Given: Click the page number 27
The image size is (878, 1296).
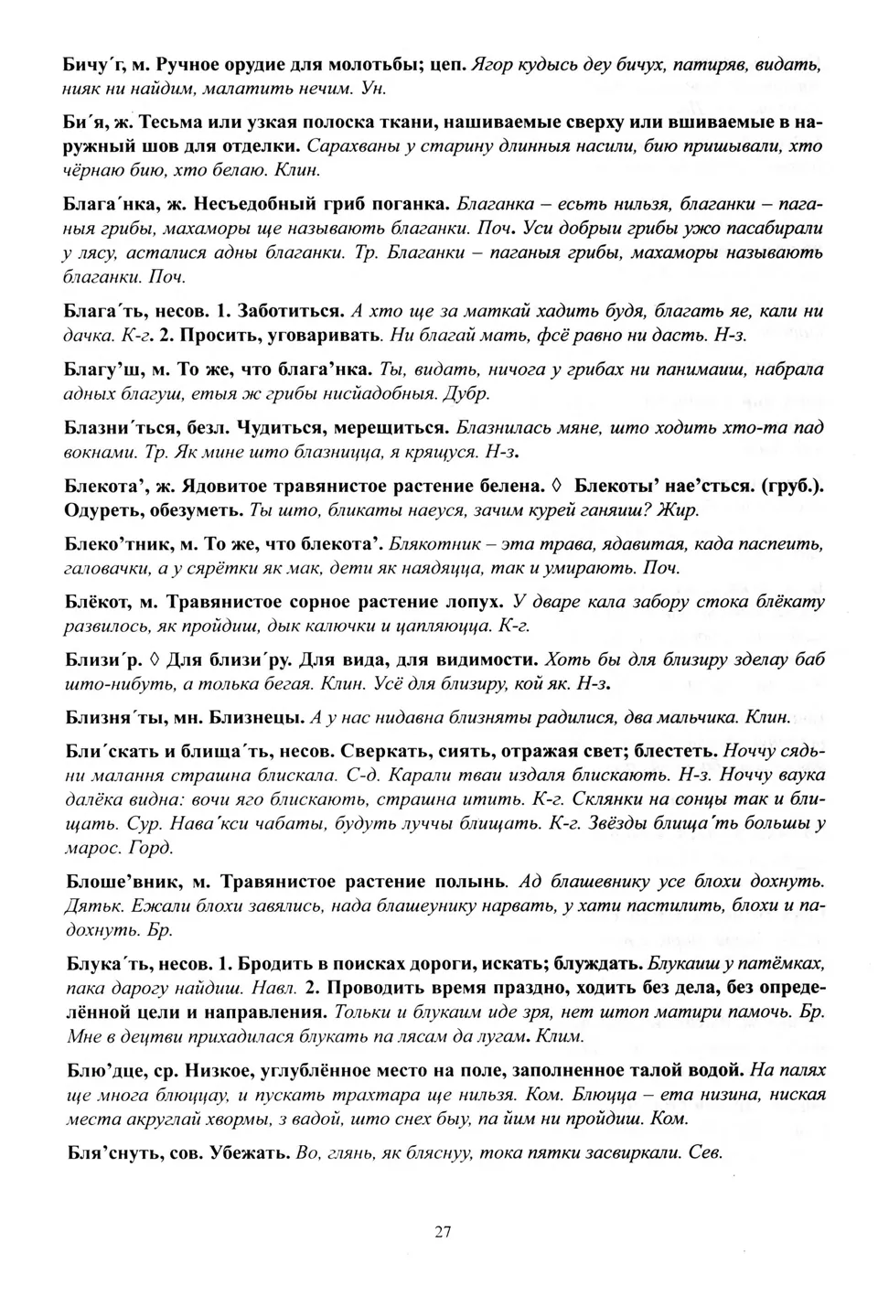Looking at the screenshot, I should click(442, 1231).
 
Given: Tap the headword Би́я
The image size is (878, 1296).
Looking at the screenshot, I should click(85, 122).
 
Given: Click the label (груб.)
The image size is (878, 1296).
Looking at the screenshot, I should click(791, 486).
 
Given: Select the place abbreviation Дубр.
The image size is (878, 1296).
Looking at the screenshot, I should click(467, 394).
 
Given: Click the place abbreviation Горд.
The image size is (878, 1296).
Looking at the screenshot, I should click(150, 847).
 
